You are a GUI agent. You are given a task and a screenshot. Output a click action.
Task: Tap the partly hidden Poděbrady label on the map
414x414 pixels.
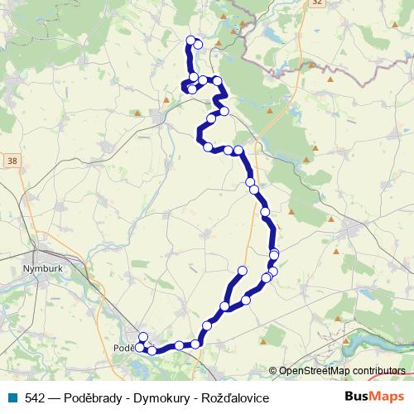(123, 349)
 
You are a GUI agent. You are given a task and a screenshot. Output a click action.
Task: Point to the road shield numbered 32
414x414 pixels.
(317, 3)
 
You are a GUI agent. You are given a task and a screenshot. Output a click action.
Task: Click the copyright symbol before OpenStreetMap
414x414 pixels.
(272, 371)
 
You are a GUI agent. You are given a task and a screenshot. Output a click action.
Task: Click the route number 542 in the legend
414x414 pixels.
(35, 398)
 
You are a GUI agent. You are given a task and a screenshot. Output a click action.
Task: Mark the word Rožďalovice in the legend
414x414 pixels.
(238, 398)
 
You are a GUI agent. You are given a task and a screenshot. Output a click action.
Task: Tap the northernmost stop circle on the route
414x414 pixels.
(190, 40)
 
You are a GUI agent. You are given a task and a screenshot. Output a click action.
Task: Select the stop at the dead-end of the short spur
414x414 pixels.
(243, 271)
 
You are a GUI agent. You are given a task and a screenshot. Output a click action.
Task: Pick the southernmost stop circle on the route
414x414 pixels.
(152, 351)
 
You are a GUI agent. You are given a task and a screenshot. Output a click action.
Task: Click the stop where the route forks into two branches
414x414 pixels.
(224, 307)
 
